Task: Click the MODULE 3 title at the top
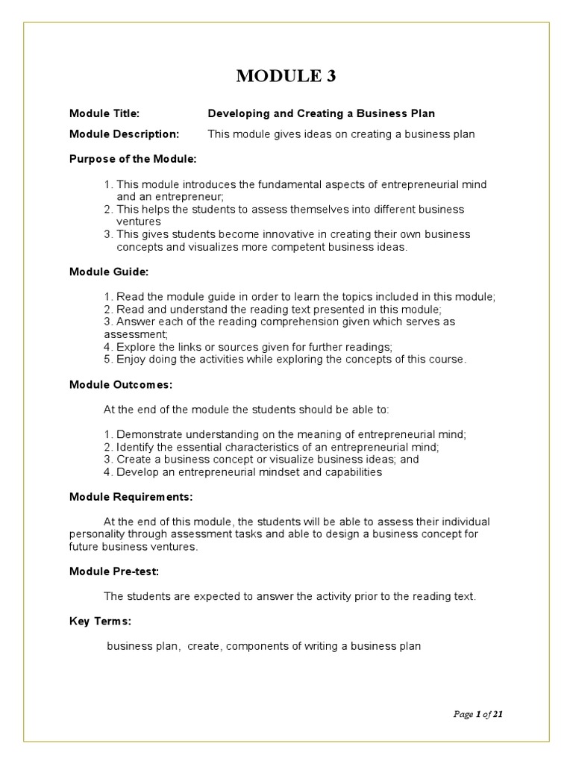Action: pos(286,76)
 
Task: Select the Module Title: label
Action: pos(104,113)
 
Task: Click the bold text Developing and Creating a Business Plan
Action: pos(321,113)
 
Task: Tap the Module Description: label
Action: pos(125,134)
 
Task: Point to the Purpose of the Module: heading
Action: pos(133,159)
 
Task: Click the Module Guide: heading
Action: pos(104,272)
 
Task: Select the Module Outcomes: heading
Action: pos(120,385)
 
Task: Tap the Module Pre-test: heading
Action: pos(114,572)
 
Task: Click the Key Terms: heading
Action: pos(100,621)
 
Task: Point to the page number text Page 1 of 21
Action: pos(478,714)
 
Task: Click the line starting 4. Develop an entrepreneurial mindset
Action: pos(242,472)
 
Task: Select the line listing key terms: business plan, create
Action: pos(264,646)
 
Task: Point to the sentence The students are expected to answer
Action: pos(289,596)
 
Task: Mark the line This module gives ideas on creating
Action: pos(341,134)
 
